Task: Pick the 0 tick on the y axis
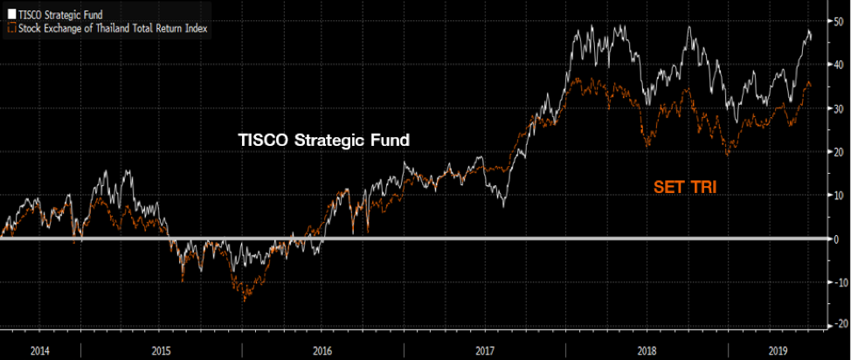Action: [838, 239]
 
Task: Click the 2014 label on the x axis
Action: [40, 350]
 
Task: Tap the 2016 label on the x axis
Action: [323, 350]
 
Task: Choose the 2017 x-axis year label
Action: [487, 350]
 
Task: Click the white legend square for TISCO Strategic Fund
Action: [10, 15]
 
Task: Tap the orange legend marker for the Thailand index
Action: [10, 28]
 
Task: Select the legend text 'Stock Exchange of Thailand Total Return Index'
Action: [112, 28]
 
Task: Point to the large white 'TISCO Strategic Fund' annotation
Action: [324, 140]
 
